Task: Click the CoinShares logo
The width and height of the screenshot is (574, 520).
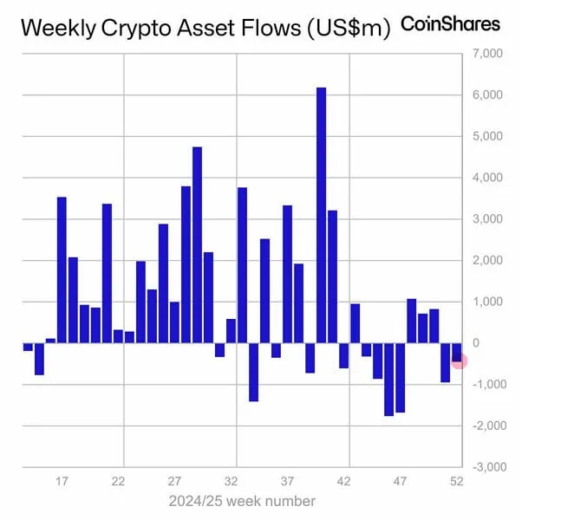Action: [450, 23]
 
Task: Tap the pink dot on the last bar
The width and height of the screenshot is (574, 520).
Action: [460, 361]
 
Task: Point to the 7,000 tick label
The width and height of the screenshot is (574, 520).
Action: [486, 54]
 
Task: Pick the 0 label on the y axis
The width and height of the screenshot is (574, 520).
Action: [476, 343]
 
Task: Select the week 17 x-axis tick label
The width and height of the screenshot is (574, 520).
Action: [62, 480]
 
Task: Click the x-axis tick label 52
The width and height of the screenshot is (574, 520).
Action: [456, 480]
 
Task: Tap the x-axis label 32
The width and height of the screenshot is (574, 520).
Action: [232, 480]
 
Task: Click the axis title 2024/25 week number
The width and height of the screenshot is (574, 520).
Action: [241, 501]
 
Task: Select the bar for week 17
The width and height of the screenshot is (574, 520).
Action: [62, 270]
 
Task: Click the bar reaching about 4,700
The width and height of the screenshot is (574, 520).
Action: [197, 244]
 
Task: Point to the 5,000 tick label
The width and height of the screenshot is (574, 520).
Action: [486, 136]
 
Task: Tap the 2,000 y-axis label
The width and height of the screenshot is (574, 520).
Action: [486, 260]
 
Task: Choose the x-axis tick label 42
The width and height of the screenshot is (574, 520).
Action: [343, 480]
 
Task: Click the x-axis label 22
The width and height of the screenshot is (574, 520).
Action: [119, 480]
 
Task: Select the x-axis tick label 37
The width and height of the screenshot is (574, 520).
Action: [288, 480]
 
